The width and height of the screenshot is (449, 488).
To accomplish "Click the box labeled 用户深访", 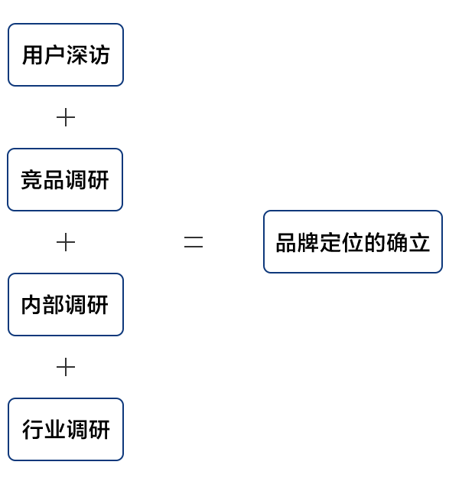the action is pyautogui.click(x=66, y=55).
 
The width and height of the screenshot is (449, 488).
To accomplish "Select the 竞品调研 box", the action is pyautogui.click(x=65, y=179).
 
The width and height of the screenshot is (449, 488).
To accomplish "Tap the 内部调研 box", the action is pyautogui.click(x=66, y=304).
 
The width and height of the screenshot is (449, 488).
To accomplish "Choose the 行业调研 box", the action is pyautogui.click(x=66, y=429).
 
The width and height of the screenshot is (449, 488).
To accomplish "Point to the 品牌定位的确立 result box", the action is pyautogui.click(x=353, y=242).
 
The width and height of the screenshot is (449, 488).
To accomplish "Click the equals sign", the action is pyautogui.click(x=194, y=242).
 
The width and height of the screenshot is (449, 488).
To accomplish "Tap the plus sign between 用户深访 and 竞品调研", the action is pyautogui.click(x=66, y=117).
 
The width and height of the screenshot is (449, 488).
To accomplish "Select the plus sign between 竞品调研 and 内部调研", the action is pyautogui.click(x=66, y=242).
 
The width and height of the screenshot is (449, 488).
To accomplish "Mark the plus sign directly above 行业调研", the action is pyautogui.click(x=66, y=367).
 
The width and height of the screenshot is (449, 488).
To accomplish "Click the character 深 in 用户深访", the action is pyautogui.click(x=76, y=55).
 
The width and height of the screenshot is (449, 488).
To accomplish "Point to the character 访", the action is pyautogui.click(x=99, y=55).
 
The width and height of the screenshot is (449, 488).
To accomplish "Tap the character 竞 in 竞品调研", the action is pyautogui.click(x=31, y=179).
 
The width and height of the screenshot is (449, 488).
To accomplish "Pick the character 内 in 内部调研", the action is pyautogui.click(x=31, y=305).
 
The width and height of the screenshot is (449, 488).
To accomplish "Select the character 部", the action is pyautogui.click(x=54, y=305).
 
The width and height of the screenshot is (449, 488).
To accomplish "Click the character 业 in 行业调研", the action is pyautogui.click(x=54, y=430).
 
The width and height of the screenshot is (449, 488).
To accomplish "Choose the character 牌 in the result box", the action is pyautogui.click(x=308, y=242).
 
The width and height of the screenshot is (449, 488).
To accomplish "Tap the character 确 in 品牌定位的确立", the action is pyautogui.click(x=397, y=242).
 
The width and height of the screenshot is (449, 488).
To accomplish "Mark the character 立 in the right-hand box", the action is pyautogui.click(x=419, y=242).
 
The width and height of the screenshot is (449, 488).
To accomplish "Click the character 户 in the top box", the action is pyautogui.click(x=54, y=55).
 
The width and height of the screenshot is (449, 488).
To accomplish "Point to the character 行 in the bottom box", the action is pyautogui.click(x=33, y=430).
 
